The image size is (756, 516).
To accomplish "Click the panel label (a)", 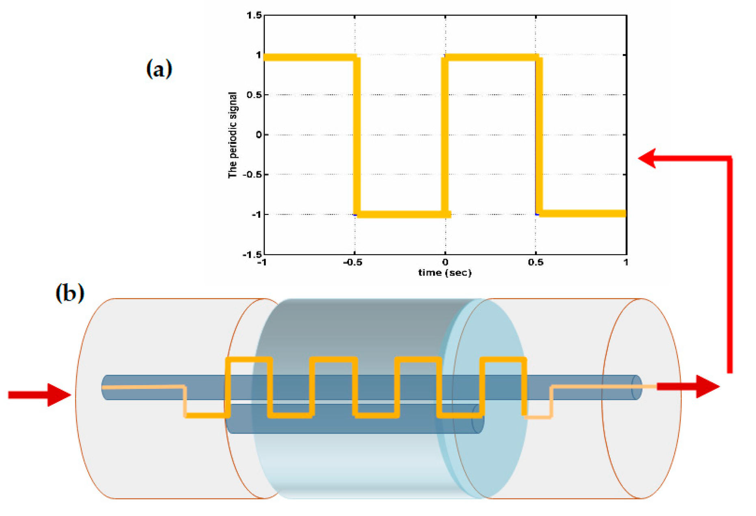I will (x=159, y=68).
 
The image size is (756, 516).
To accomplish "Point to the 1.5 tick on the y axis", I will (x=254, y=15).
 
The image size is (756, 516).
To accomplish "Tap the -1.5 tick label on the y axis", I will (x=252, y=254).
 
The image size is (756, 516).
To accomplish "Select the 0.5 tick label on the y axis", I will (x=254, y=95).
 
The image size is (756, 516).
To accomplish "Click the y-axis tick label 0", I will (x=259, y=134).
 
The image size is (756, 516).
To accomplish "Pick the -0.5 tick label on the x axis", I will (x=353, y=262).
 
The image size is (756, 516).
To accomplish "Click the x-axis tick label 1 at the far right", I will (x=626, y=262).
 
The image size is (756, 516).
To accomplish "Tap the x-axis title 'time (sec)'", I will (x=445, y=273).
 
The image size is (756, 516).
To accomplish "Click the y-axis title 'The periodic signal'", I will (x=232, y=135).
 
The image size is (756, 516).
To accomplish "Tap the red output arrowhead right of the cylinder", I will (x=707, y=386).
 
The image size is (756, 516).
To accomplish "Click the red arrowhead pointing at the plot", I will (x=648, y=158).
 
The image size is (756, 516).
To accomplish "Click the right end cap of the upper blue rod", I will (x=637, y=387).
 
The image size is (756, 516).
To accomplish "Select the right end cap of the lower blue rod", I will (x=478, y=418).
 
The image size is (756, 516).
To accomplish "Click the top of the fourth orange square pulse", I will (x=503, y=360).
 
